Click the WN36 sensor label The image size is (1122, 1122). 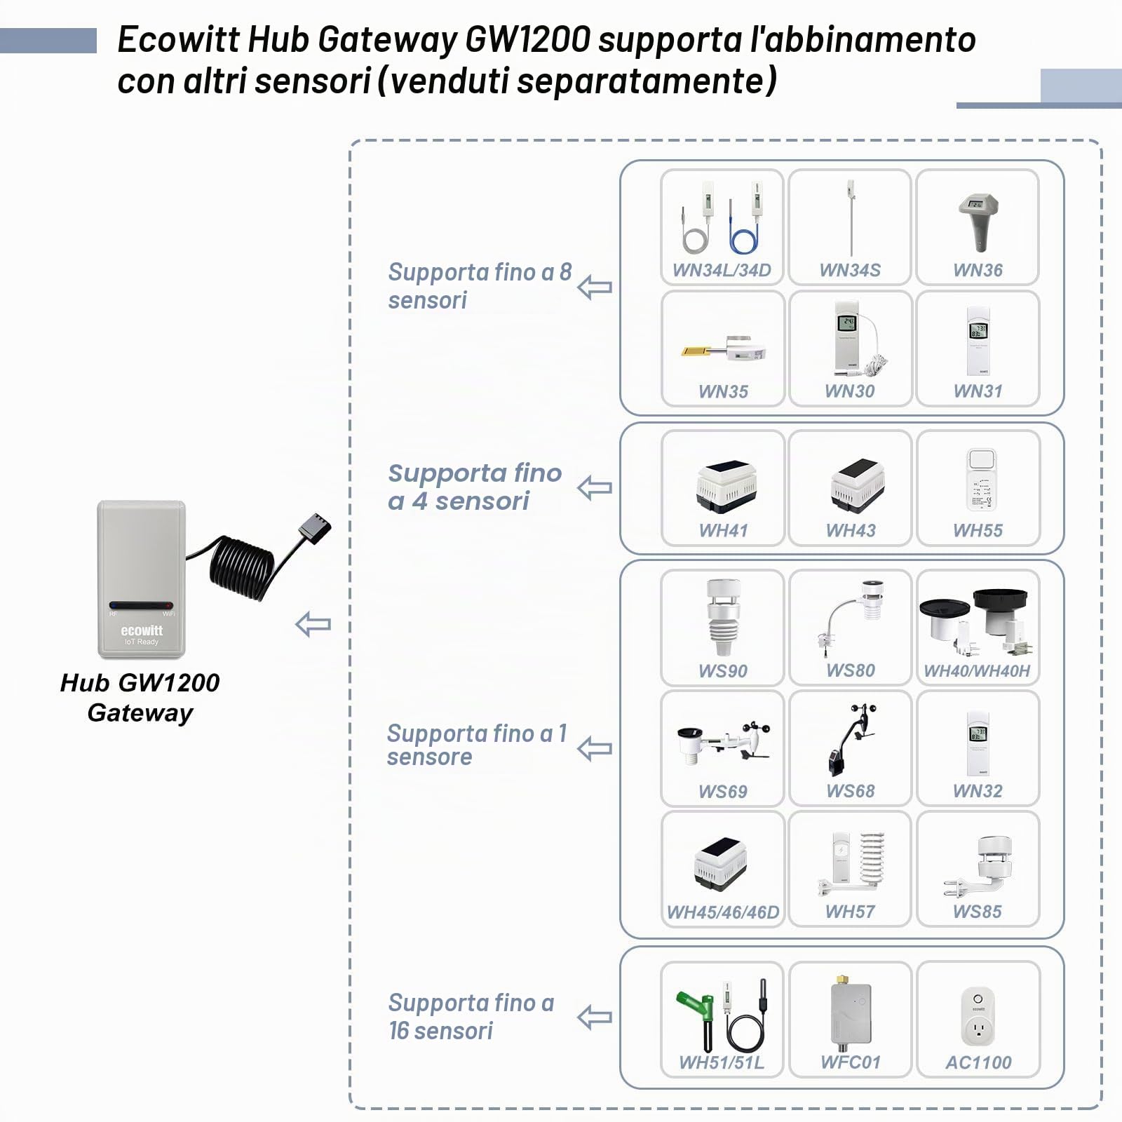point(978,270)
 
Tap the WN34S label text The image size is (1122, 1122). point(850,270)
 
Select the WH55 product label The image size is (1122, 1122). point(978,530)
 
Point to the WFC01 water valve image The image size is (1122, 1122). point(850,1010)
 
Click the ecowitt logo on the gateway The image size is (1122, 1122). point(142,630)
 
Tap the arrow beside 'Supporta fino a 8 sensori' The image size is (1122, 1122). point(595,287)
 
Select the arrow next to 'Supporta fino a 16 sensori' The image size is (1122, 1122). point(595,1017)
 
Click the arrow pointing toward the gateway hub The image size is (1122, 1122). point(313,624)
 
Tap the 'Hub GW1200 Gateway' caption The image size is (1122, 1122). point(140,698)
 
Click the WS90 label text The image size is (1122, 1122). point(722,670)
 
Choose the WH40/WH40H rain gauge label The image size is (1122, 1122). point(977,670)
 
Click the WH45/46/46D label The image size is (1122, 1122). point(722,912)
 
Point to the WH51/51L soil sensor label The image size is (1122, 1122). point(722,1062)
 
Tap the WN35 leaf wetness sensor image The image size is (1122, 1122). point(722,348)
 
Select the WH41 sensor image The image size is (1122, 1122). point(726,486)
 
